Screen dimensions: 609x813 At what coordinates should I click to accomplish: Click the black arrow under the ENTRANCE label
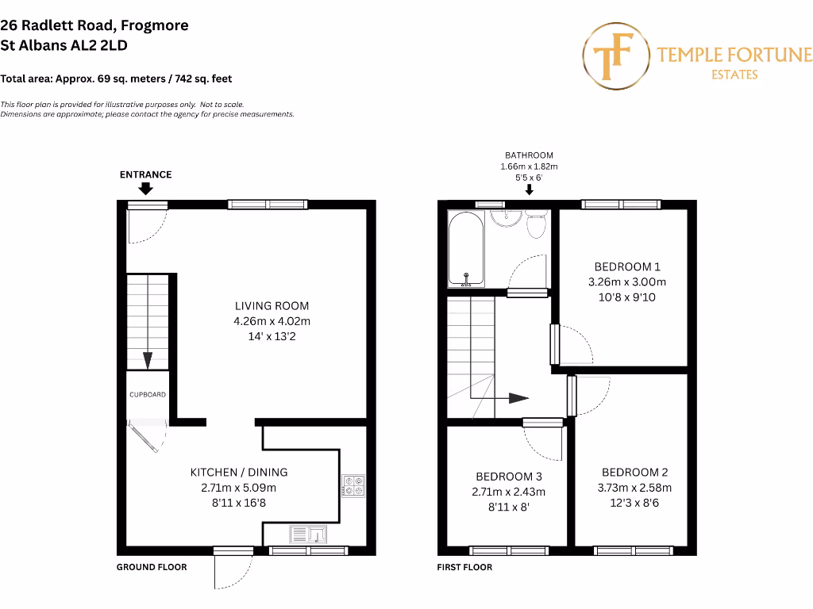145,189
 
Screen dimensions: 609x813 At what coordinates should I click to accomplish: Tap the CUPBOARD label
148,394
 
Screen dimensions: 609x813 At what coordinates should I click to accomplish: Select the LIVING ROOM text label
272,305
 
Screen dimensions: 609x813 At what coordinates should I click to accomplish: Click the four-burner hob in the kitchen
353,485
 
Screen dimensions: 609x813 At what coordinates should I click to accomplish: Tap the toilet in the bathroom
537,224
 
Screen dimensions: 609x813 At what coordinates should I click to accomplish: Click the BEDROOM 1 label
627,266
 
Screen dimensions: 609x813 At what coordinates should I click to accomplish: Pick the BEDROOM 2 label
634,472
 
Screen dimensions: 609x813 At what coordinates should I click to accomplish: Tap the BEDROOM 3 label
509,477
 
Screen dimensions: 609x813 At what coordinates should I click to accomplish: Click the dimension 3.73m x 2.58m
634,488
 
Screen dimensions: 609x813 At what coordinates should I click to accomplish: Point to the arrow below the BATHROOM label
529,189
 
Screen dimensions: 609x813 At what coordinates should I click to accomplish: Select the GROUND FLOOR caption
152,567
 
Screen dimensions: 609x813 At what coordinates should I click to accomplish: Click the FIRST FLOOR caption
464,567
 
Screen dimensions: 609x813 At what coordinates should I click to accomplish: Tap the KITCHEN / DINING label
239,472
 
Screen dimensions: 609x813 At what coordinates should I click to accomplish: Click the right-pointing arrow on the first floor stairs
516,397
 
